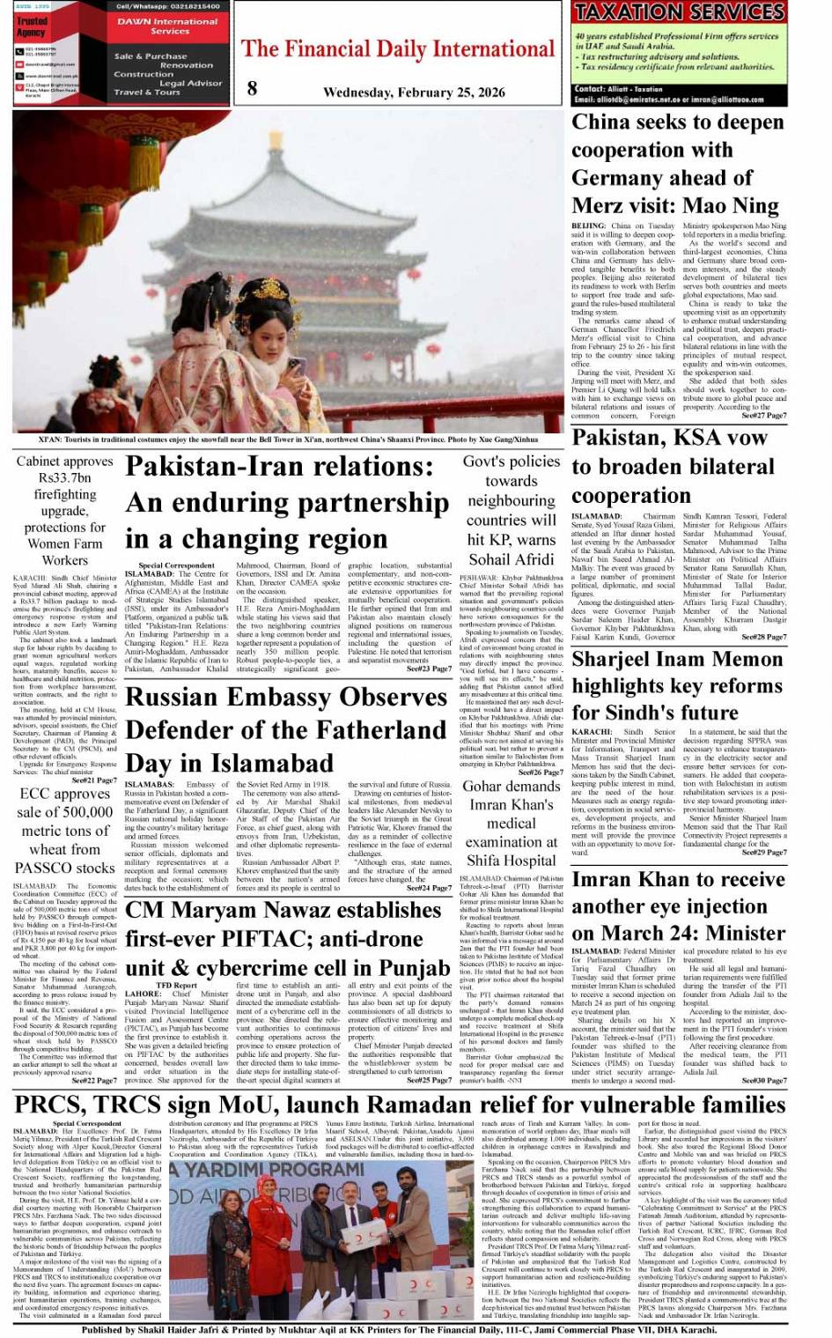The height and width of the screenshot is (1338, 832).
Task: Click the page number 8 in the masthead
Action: [x=253, y=87]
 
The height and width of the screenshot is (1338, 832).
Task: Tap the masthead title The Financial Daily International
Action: [x=398, y=48]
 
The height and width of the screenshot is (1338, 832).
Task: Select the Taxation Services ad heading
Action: [x=678, y=12]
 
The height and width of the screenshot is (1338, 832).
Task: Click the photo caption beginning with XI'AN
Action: [x=288, y=439]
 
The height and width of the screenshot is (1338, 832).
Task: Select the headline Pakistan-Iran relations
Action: [x=287, y=502]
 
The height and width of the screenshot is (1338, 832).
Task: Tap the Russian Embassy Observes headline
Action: [x=287, y=729]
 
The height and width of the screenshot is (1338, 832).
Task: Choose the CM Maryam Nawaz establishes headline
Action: [x=287, y=939]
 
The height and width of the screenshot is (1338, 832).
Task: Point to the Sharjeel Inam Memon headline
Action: [x=677, y=685]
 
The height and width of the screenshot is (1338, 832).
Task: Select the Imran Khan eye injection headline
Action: [x=678, y=906]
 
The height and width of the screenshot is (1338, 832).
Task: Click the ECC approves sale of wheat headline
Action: [x=64, y=831]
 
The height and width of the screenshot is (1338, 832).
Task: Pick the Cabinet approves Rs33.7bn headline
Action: [x=64, y=510]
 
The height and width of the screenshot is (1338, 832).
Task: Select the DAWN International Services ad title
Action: [x=169, y=26]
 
